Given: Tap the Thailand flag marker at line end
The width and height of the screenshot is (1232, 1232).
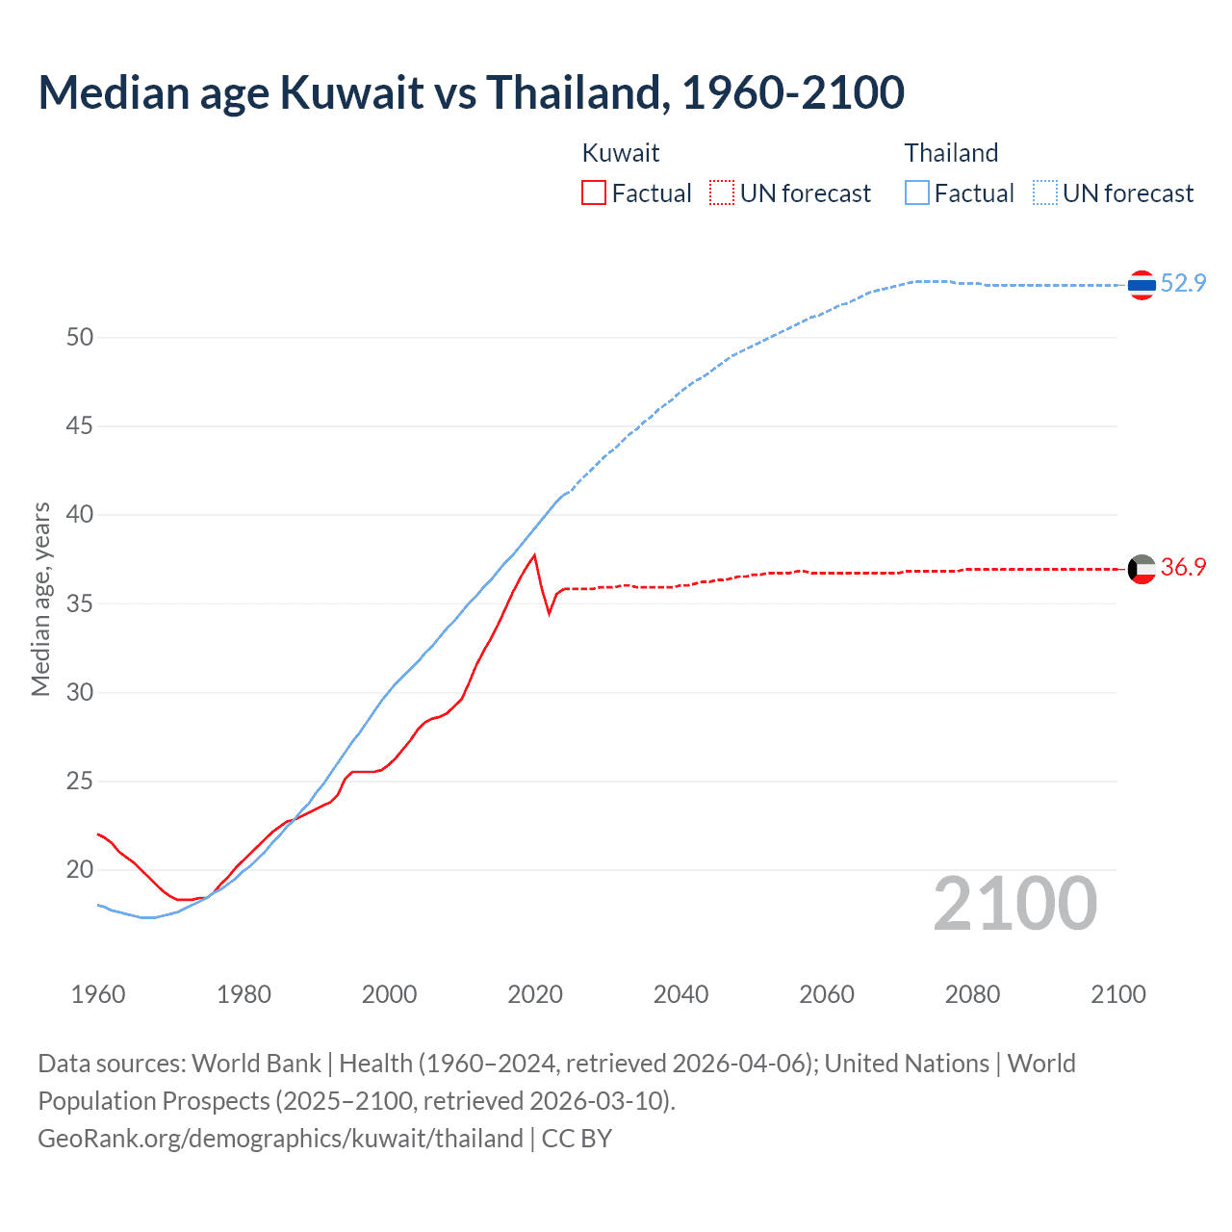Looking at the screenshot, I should click(1142, 285).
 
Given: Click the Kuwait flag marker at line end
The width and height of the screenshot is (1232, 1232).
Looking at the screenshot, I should click(1142, 569).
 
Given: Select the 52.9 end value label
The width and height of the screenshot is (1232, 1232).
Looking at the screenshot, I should click(1183, 283).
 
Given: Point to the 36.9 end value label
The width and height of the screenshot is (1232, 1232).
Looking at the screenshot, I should click(1183, 567).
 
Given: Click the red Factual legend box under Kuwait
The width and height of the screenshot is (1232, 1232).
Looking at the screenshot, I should click(594, 193).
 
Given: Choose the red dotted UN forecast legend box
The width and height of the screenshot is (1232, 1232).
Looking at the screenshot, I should click(722, 193).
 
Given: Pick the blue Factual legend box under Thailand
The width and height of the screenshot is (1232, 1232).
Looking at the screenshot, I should click(917, 193).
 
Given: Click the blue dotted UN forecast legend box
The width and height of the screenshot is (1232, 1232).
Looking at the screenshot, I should click(1045, 193).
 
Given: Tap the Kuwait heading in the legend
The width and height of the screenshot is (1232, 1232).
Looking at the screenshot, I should click(621, 153).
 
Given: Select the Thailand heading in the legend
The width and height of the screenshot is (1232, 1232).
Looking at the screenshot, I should click(951, 153).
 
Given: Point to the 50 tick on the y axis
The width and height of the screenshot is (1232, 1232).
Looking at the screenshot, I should click(80, 337).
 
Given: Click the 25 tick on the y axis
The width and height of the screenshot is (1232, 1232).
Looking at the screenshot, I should click(80, 781).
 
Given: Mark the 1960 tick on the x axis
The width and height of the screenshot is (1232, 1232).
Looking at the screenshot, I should click(98, 994).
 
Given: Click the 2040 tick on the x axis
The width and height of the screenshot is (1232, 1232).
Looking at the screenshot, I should click(680, 994).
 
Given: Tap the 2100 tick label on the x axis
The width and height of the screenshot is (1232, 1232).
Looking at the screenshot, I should click(1117, 994).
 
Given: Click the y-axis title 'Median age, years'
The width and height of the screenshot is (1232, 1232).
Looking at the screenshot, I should click(40, 599).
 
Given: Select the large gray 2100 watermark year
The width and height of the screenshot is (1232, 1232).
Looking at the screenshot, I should click(1014, 904).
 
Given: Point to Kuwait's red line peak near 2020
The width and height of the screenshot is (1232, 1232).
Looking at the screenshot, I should click(534, 555).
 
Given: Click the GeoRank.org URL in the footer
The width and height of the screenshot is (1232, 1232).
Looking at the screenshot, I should click(280, 1139).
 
